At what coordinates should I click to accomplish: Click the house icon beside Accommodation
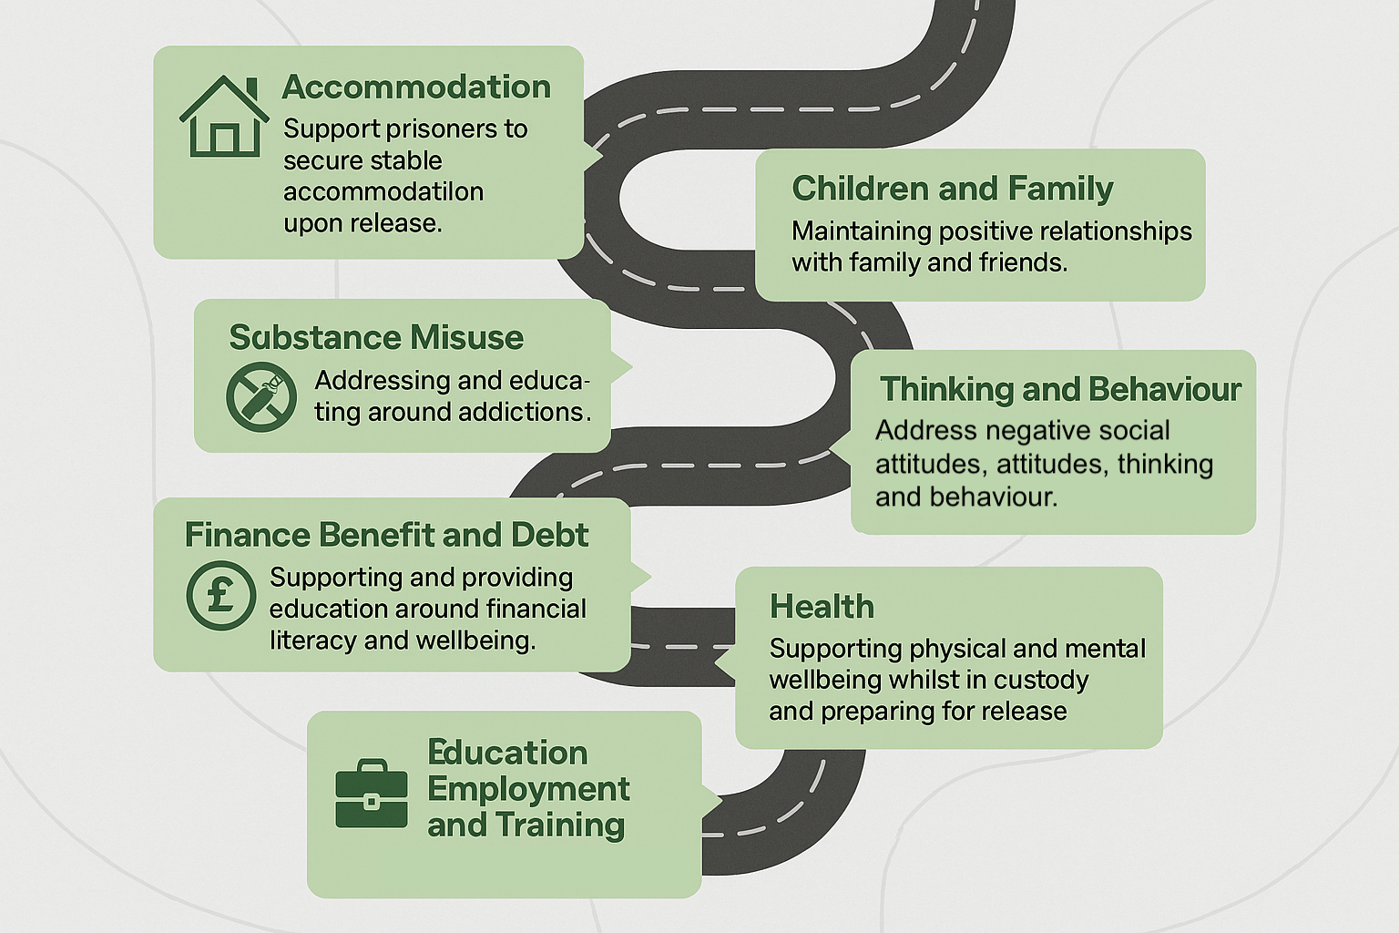pyautogui.click(x=224, y=117)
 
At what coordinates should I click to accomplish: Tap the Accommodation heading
pyautogui.click(x=416, y=87)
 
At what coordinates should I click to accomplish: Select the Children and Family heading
pyautogui.click(x=952, y=189)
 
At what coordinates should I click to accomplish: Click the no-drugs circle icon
pyautogui.click(x=261, y=396)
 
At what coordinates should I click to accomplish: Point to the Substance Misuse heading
pyautogui.click(x=376, y=337)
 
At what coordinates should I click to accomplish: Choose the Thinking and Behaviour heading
pyautogui.click(x=1060, y=389)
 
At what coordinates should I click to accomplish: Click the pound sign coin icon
pyautogui.click(x=220, y=595)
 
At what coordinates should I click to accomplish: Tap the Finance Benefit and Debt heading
pyautogui.click(x=386, y=535)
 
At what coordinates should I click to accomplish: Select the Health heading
pyautogui.click(x=822, y=607)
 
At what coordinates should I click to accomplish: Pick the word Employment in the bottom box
pyautogui.click(x=528, y=789)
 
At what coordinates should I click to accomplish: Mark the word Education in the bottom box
pyautogui.click(x=507, y=753)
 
